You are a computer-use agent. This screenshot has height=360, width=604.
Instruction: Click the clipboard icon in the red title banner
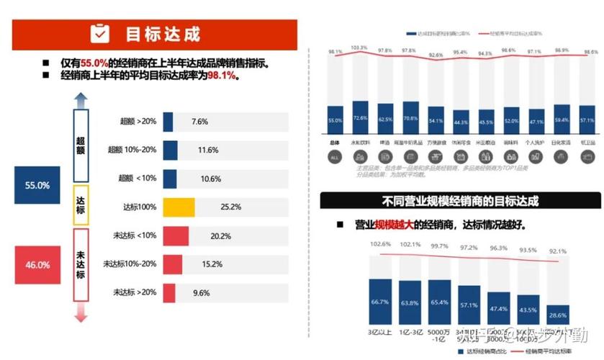pos(99,33)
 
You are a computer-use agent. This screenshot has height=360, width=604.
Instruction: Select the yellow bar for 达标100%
pos(179,207)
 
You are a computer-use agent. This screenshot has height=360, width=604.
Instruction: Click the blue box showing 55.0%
pos(37,185)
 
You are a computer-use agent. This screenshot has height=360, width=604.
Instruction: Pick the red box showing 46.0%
pos(37,265)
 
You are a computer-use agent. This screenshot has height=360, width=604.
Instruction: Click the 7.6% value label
pos(199,122)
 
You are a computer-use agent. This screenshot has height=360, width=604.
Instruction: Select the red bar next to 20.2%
pos(176,235)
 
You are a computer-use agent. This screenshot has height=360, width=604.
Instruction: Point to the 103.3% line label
pos(359,48)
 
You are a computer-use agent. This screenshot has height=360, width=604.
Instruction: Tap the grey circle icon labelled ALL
pos(335,156)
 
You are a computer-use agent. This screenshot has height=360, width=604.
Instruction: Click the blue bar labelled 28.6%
pos(556,314)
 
